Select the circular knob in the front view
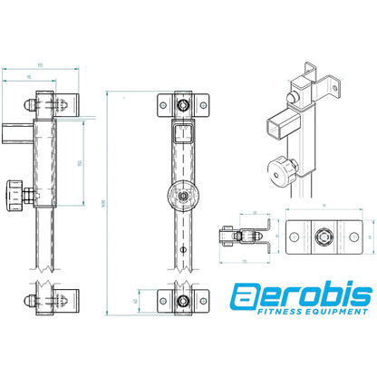(x=185, y=193)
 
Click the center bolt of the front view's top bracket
(x=185, y=106)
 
